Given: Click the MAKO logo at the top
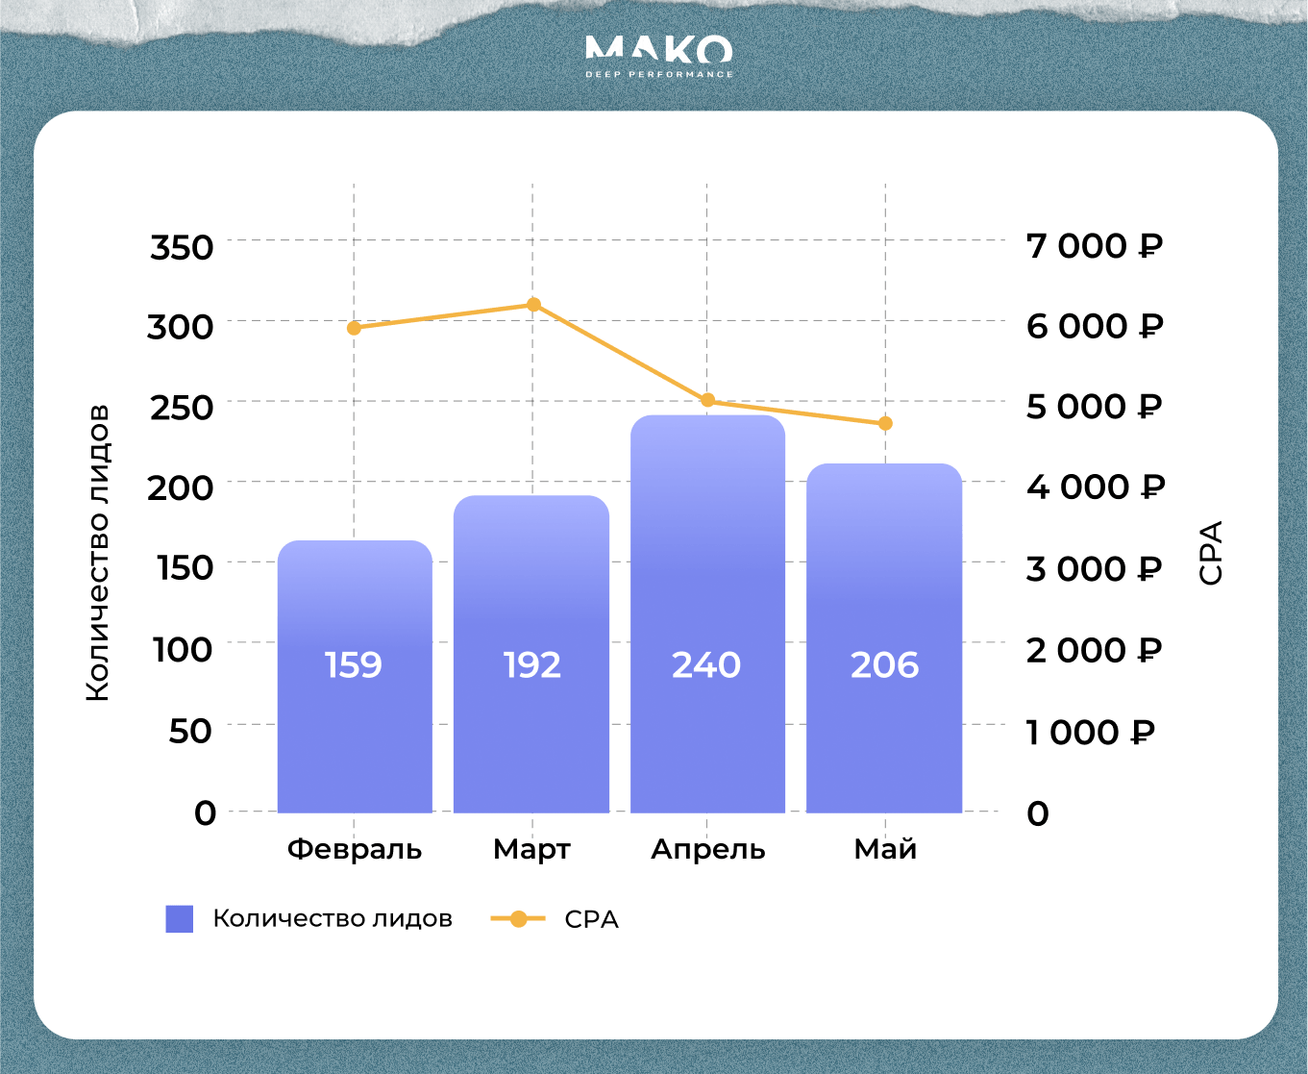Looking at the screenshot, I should (x=658, y=56).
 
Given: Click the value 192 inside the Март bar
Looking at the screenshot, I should (x=531, y=665).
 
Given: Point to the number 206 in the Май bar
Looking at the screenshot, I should (x=884, y=665).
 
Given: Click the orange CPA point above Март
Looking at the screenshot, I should (x=533, y=305).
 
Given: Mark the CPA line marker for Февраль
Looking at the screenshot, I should (x=354, y=328).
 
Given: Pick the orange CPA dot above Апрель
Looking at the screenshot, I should (x=707, y=400).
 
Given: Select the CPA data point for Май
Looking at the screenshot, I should (x=885, y=423).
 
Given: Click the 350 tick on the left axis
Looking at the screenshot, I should (x=182, y=247).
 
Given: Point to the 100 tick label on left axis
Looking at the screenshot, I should (x=183, y=649).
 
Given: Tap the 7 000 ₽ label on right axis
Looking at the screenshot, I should (x=1094, y=246).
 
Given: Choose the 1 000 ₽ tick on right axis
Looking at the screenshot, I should (x=1089, y=733).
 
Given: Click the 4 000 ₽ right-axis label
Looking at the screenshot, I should (x=1095, y=487).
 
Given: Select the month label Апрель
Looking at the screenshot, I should (x=708, y=850).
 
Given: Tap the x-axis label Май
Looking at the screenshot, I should (x=885, y=850).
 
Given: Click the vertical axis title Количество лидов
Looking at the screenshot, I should (x=98, y=553).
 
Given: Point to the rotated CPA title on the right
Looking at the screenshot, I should (x=1211, y=553).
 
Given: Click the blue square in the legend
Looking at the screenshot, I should (x=180, y=919).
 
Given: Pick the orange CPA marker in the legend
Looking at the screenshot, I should (x=518, y=919).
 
